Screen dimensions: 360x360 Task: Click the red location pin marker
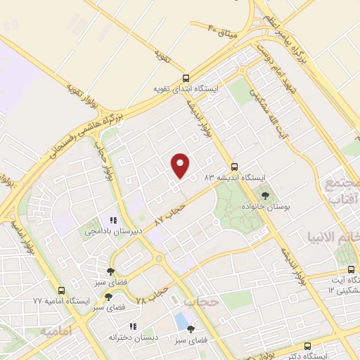181,165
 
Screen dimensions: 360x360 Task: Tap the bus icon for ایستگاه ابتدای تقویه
186,78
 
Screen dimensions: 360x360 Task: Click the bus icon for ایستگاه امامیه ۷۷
62,290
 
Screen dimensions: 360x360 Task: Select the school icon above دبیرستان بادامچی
113,220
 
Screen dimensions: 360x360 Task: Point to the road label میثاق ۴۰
224,30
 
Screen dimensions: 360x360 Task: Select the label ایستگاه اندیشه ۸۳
233,178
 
